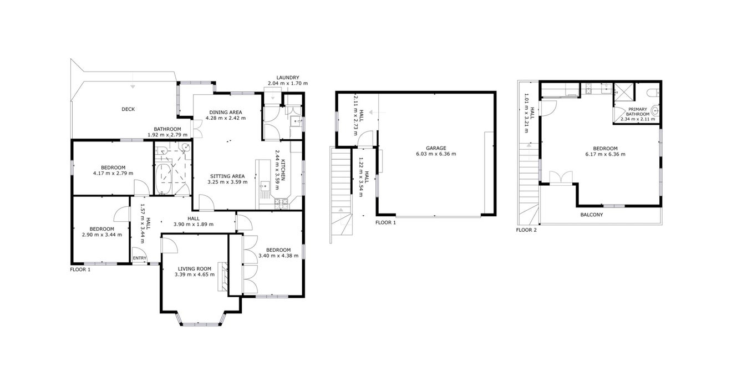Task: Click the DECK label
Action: [128, 109]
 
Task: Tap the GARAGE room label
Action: [436, 148]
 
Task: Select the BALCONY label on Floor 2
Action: [592, 215]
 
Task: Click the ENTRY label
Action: [140, 258]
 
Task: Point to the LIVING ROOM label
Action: [195, 268]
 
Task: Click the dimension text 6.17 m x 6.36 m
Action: [605, 154]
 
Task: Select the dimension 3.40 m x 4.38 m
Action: [278, 256]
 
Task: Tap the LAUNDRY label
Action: [288, 78]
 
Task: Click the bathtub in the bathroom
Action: [162, 179]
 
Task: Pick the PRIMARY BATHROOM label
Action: [638, 112]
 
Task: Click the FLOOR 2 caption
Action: [526, 230]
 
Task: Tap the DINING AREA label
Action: [226, 113]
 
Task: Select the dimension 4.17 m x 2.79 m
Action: [113, 173]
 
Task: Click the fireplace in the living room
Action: [222, 277]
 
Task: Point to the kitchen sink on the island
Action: [265, 186]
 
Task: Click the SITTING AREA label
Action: [227, 176]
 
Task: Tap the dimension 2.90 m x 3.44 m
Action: [102, 235]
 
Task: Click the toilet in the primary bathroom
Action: [650, 93]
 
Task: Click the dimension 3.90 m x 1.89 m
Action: [194, 224]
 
